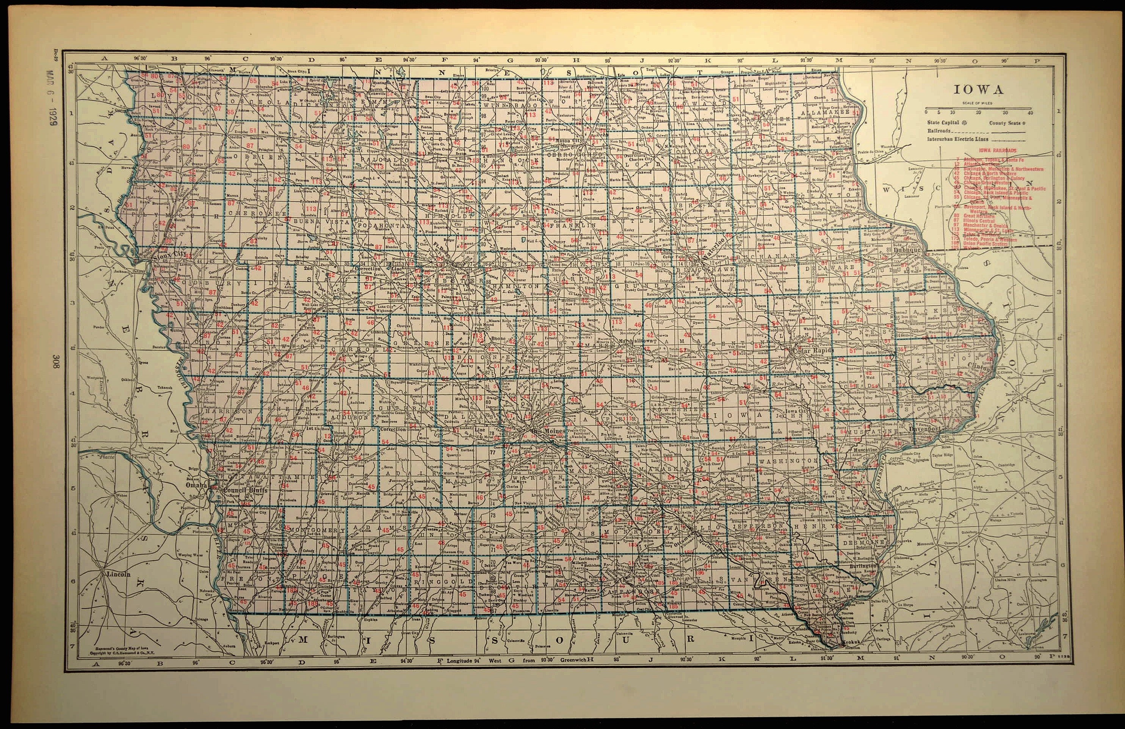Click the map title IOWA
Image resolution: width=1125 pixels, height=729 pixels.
tap(978, 90)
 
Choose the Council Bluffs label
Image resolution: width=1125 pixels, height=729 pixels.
tap(245, 490)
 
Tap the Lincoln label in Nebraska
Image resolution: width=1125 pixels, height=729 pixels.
tap(118, 574)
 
